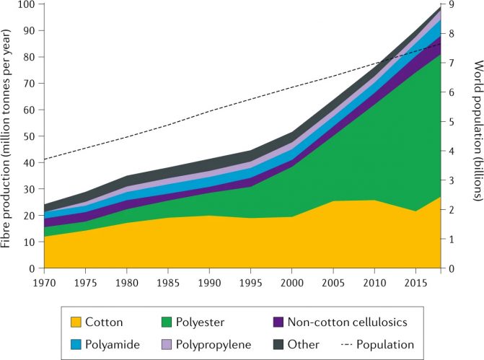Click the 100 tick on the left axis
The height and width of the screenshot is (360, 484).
pos(26,4)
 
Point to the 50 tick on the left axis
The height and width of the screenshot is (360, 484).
pos(29,136)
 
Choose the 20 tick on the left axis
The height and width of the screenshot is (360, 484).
pos(29,216)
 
